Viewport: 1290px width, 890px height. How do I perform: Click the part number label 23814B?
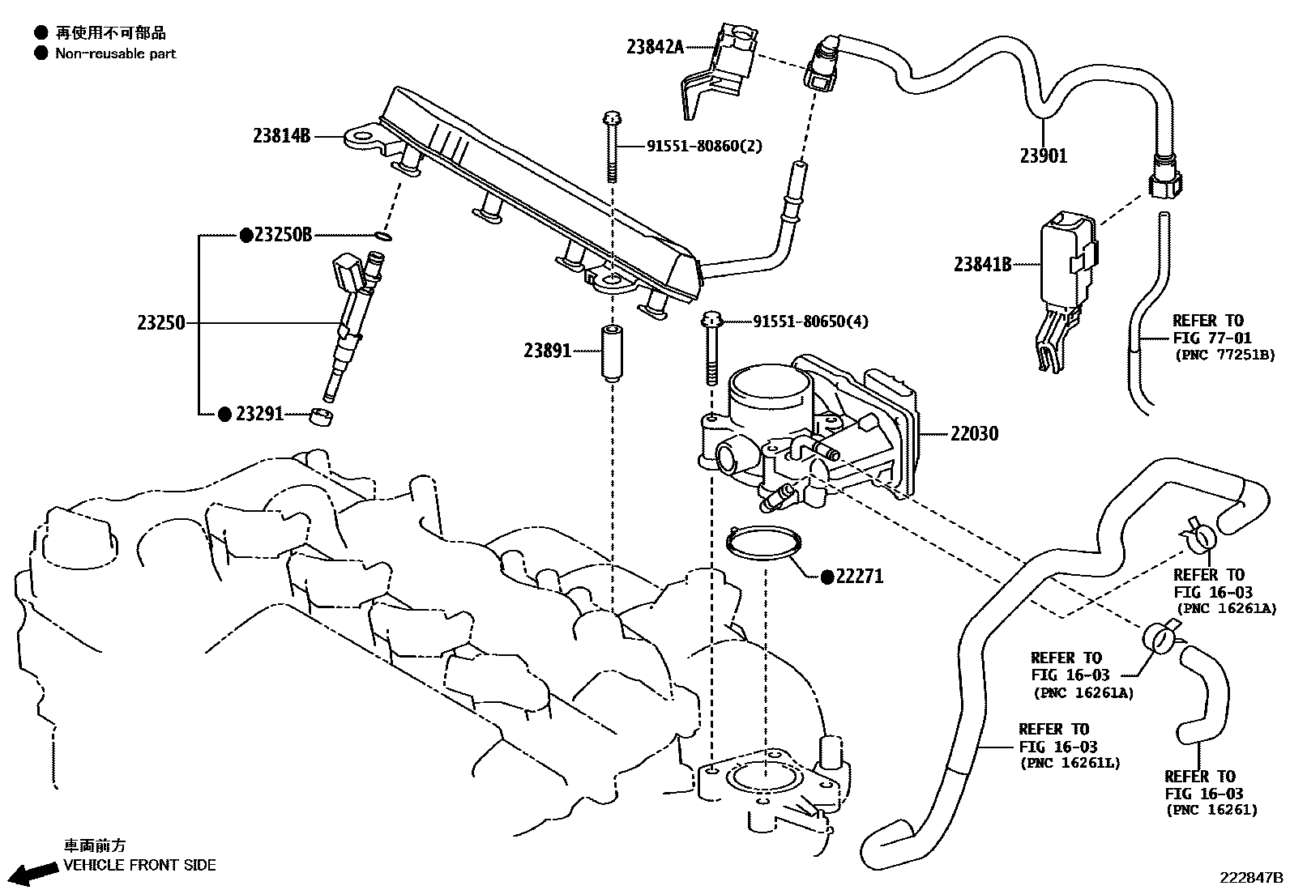pyautogui.click(x=281, y=136)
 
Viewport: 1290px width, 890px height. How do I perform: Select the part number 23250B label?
pyautogui.click(x=282, y=235)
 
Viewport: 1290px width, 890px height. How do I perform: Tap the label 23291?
pyautogui.click(x=259, y=414)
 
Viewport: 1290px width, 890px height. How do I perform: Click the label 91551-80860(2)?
pyautogui.click(x=703, y=146)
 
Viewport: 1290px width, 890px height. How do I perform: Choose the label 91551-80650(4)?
pyautogui.click(x=809, y=322)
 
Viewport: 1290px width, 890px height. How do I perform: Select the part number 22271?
pyautogui.click(x=859, y=577)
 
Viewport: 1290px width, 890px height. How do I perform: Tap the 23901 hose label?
pyautogui.click(x=1043, y=155)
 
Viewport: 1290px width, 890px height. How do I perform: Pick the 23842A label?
pyautogui.click(x=655, y=46)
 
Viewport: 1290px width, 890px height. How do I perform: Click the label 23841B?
pyautogui.click(x=982, y=263)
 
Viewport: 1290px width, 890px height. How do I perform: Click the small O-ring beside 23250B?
pyautogui.click(x=383, y=236)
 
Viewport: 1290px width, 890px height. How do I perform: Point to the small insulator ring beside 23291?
pyautogui.click(x=322, y=417)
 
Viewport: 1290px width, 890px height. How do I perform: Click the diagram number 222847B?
pyautogui.click(x=1253, y=878)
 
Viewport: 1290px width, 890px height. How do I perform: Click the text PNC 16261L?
pyautogui.click(x=1070, y=763)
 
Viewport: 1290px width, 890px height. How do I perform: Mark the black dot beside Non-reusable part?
pyautogui.click(x=40, y=53)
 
